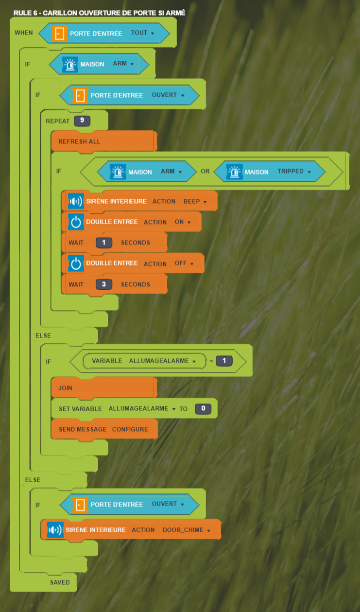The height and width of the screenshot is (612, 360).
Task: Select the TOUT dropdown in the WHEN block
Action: point(142,33)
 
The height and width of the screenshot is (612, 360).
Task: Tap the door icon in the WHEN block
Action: point(59,33)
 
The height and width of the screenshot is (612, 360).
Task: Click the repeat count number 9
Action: point(82,120)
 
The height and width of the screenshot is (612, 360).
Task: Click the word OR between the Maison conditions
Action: point(205,172)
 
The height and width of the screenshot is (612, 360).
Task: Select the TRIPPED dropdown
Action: point(294,172)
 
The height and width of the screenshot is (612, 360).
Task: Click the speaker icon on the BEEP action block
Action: point(75,201)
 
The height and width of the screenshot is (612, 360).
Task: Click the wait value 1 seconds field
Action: point(103,243)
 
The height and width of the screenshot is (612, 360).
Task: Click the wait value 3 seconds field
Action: point(103,284)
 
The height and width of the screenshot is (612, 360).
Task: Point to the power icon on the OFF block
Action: point(75,263)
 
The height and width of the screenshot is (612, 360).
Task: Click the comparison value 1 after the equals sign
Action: point(224,361)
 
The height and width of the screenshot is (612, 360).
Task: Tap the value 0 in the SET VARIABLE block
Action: point(203,409)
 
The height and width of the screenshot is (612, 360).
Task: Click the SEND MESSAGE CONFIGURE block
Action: point(104,429)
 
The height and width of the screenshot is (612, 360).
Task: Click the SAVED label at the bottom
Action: point(60,582)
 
